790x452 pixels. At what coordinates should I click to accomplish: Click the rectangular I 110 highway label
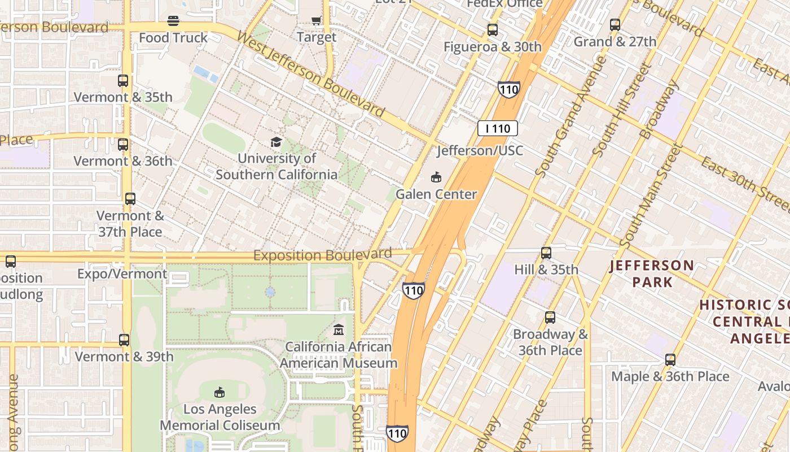[x=497, y=128]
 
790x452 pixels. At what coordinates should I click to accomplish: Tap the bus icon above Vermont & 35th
[x=123, y=81]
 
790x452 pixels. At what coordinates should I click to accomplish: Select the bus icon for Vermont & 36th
[x=123, y=145]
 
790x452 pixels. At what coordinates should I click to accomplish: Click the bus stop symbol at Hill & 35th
[x=546, y=253]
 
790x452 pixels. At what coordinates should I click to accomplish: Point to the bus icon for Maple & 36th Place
[x=670, y=360]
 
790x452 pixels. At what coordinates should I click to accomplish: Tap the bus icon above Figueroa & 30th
[x=493, y=30]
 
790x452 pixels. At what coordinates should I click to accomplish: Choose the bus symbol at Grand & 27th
[x=615, y=25]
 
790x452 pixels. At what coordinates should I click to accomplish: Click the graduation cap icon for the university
[x=276, y=142]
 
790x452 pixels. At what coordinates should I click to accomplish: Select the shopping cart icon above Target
[x=316, y=21]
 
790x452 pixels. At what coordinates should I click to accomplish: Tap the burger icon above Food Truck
[x=173, y=21]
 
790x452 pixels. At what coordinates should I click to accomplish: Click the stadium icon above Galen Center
[x=436, y=177]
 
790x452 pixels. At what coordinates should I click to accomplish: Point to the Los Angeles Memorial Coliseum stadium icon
[x=220, y=392]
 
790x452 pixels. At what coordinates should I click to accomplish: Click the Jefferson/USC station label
[x=480, y=151]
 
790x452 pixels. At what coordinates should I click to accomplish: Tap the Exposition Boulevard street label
[x=322, y=255]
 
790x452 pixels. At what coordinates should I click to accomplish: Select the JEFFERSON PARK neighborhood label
[x=652, y=273]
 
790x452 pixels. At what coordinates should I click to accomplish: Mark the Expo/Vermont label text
[x=122, y=274]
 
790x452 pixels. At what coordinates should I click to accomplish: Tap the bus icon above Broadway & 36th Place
[x=550, y=318]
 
